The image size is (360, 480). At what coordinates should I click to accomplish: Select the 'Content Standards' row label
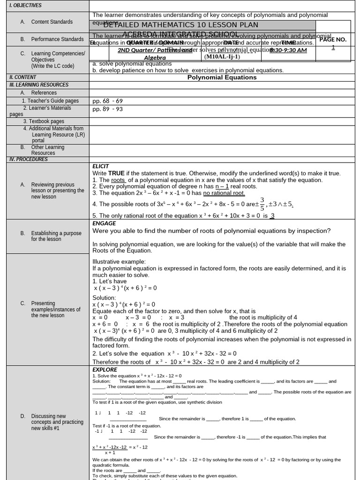[x=52, y=22]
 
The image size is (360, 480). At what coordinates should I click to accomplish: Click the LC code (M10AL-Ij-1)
[x=222, y=57]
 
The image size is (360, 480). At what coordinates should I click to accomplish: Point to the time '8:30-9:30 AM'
[x=288, y=50]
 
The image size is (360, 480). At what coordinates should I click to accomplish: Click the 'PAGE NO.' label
[x=333, y=40]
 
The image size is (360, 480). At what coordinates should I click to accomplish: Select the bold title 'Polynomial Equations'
[x=222, y=77]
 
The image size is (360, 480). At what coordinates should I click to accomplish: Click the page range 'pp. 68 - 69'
[x=107, y=101]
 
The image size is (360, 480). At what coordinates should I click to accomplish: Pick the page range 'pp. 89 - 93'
[x=107, y=109]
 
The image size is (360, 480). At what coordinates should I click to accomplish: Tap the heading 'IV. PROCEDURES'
[x=29, y=159]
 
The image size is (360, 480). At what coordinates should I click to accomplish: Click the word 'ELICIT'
[x=101, y=166]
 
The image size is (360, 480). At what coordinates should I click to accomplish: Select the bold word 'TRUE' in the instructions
[x=116, y=173]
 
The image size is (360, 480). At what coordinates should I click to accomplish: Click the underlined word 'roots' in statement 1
[x=118, y=180]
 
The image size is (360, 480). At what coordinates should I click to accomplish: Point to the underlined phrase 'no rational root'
[x=224, y=193]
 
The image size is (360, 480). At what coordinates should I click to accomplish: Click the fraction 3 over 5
[x=262, y=204]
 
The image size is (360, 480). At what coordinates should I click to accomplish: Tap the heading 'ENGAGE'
[x=104, y=224]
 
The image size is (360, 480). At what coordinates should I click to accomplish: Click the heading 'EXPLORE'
[x=105, y=370]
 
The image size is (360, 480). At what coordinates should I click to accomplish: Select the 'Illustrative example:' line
[x=119, y=262]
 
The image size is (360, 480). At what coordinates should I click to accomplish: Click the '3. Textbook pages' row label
[x=44, y=121]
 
